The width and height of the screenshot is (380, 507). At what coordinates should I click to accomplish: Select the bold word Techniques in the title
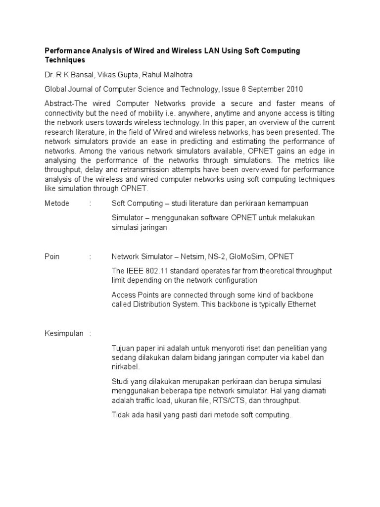tap(65, 60)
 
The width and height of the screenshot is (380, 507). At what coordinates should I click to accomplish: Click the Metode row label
tap(57, 203)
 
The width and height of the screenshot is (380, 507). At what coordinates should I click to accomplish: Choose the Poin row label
tap(52, 256)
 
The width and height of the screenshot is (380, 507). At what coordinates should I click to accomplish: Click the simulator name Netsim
tap(206, 256)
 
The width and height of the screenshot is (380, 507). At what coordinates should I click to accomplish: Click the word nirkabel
tap(126, 367)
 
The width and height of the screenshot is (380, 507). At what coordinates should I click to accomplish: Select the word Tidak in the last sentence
tap(120, 415)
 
